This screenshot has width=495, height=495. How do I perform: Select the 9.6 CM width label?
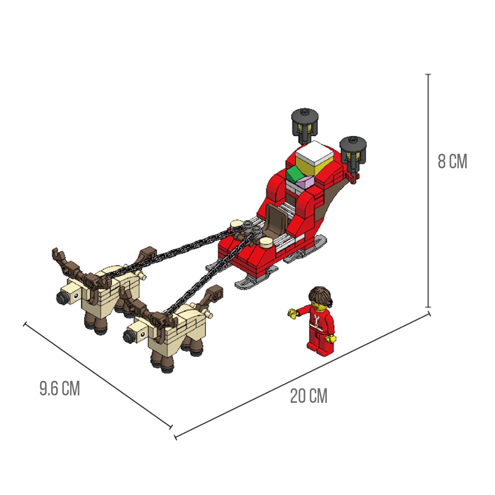coord(60,388)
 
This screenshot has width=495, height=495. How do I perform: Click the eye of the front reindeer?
coord(143,334)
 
